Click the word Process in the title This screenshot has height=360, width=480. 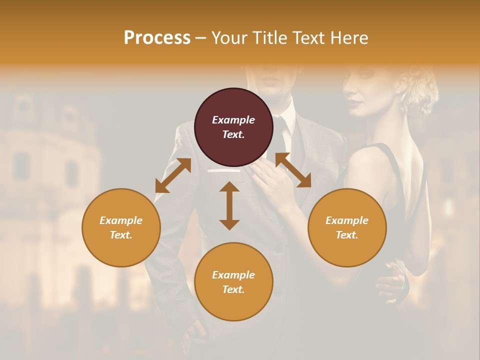(x=157, y=38)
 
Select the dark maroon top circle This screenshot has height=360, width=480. (x=233, y=127)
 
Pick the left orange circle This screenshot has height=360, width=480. (x=121, y=227)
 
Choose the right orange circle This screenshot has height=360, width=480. (x=347, y=227)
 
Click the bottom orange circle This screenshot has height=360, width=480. (x=233, y=282)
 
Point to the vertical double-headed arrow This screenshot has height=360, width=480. (x=229, y=205)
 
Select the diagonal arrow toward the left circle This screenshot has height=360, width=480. (x=173, y=175)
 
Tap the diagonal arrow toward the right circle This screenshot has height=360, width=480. (x=293, y=170)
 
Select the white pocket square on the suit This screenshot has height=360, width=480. (x=225, y=171)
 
